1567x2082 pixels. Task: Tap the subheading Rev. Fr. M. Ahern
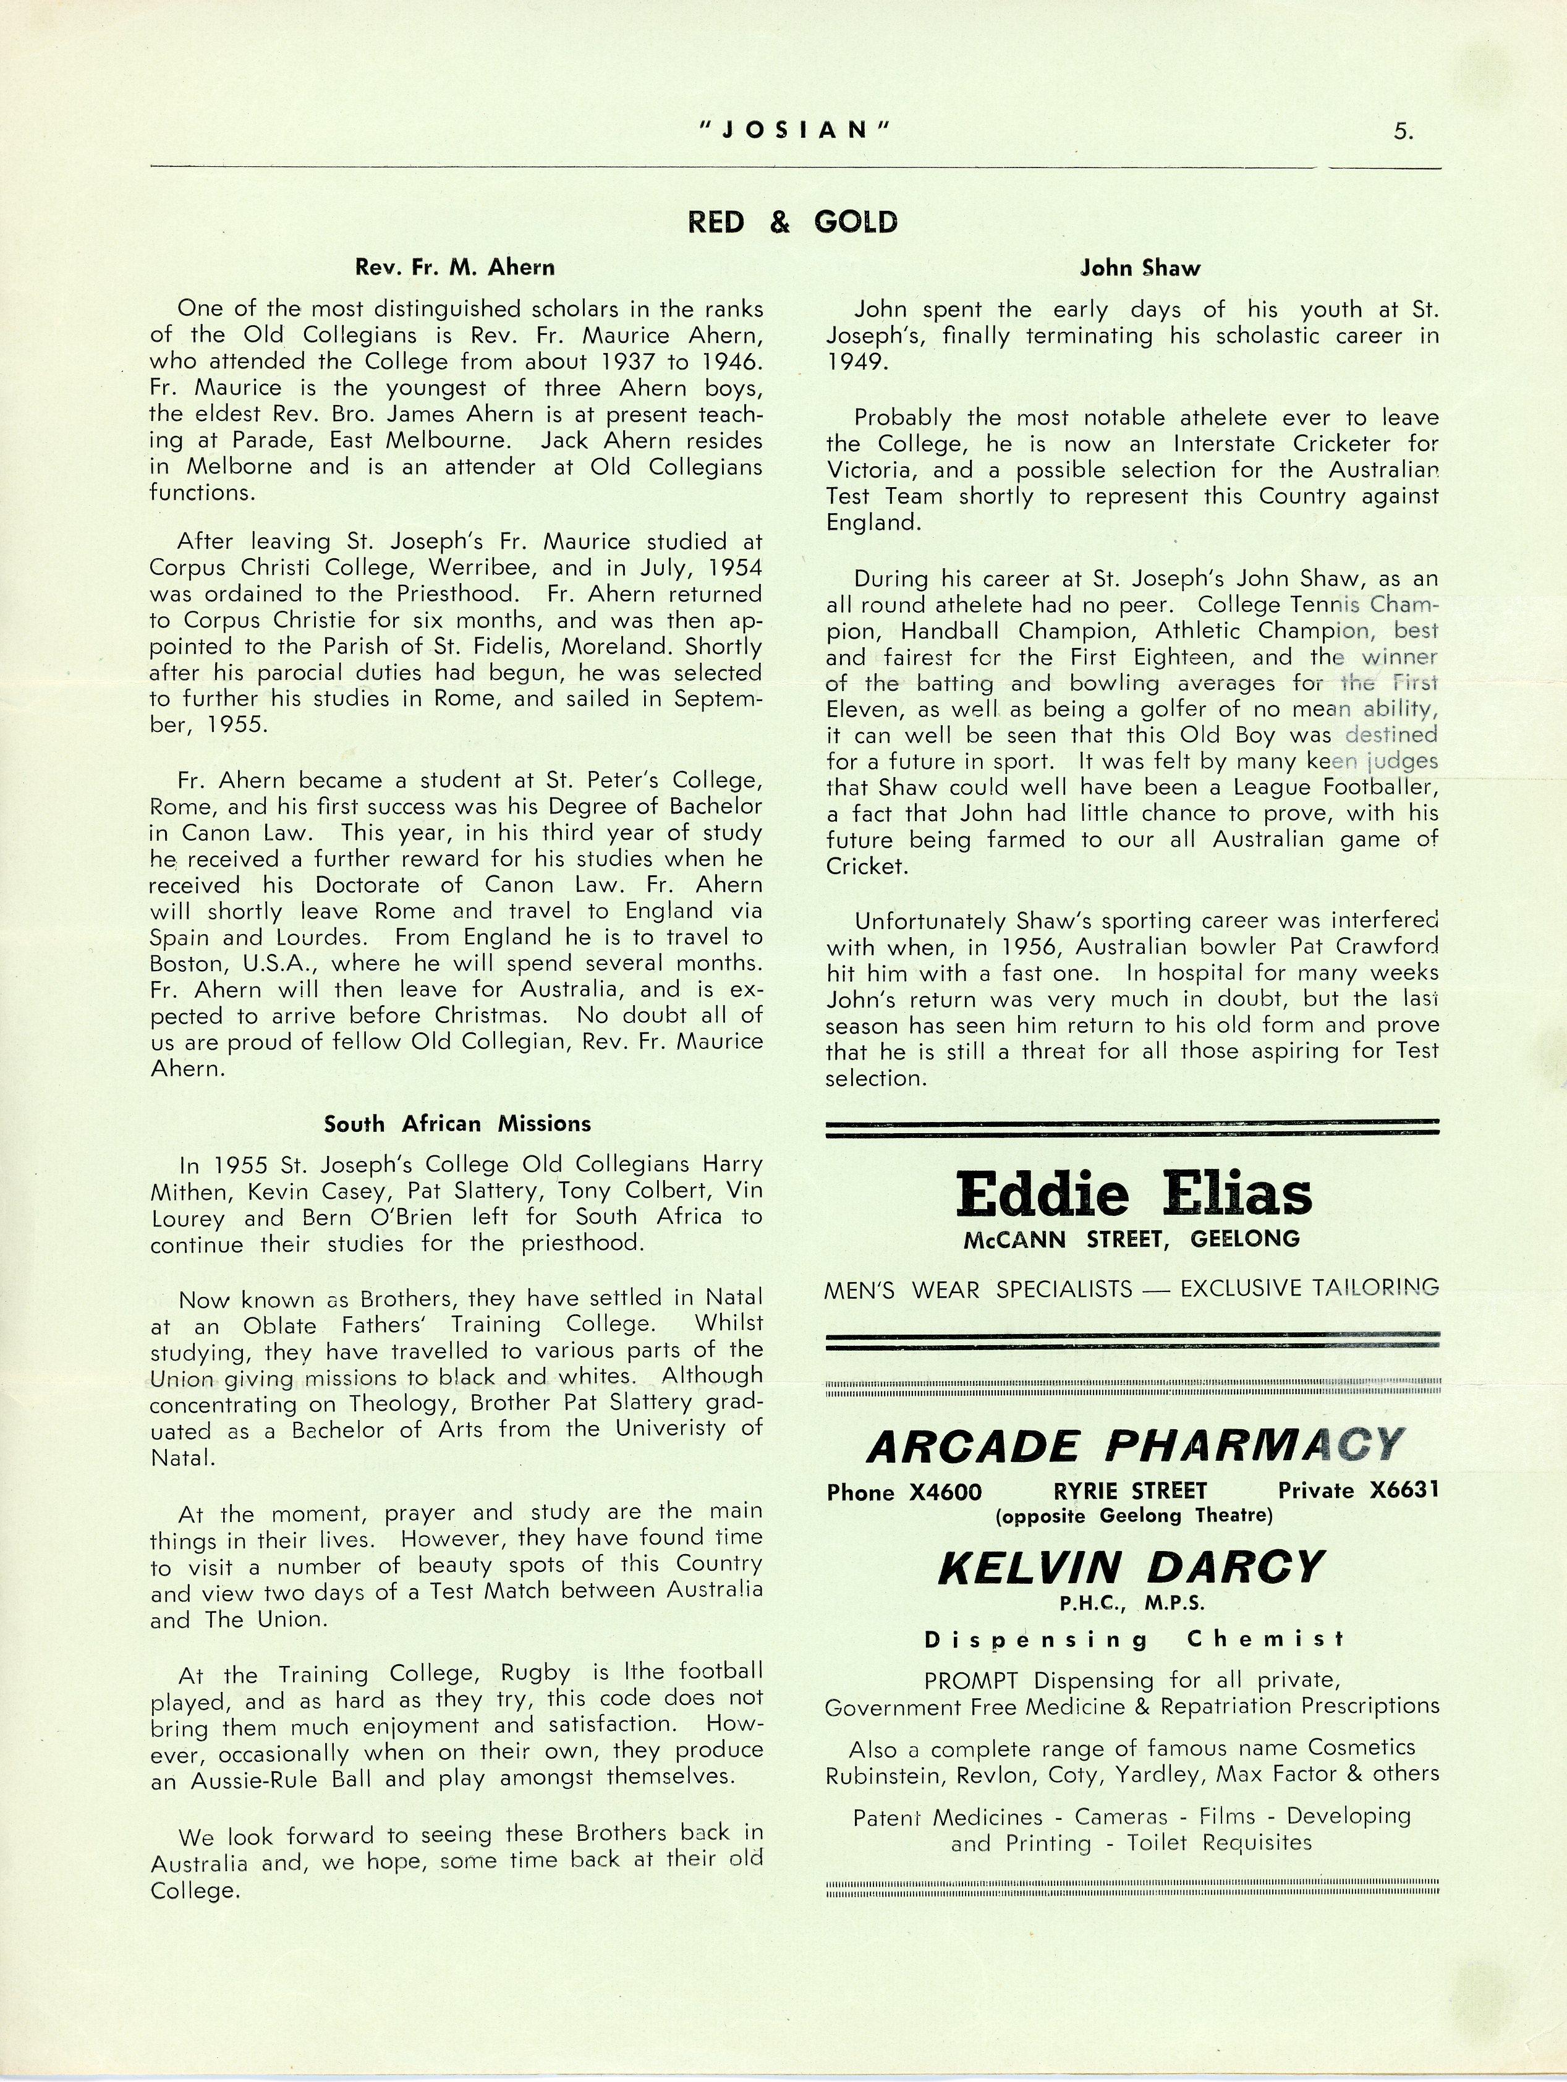[454, 267]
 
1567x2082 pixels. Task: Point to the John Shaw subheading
[1140, 268]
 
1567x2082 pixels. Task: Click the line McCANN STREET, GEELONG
[1131, 1239]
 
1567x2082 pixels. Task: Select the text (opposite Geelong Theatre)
[1133, 1515]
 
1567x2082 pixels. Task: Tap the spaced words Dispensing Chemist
[1133, 1639]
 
